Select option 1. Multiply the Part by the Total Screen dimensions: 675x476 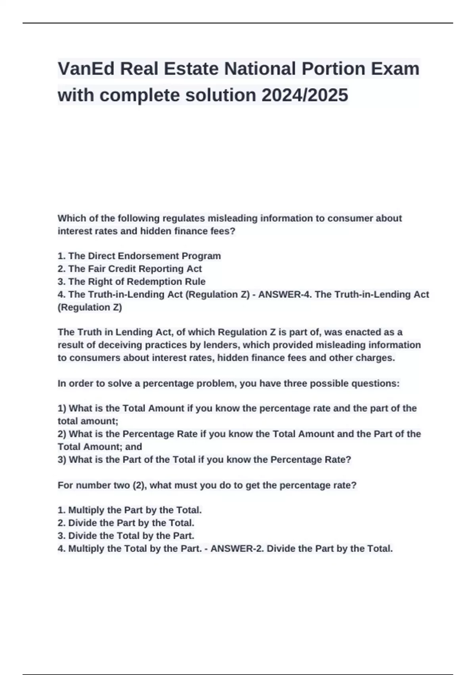coord(130,510)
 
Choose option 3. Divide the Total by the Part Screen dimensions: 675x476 coord(126,536)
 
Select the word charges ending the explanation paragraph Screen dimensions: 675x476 coord(375,358)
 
